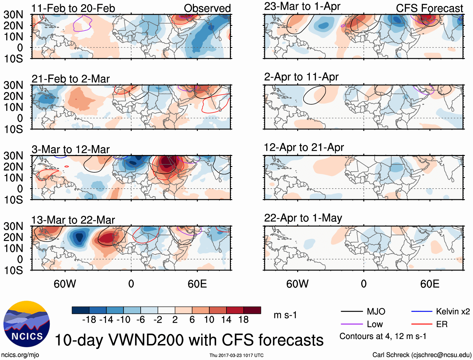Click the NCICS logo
click(x=27, y=324)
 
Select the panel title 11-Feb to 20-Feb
click(x=73, y=8)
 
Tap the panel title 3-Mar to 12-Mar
click(x=70, y=149)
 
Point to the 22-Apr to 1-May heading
click(x=303, y=218)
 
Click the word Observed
click(x=207, y=8)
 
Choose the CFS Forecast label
click(x=429, y=8)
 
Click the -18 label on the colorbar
click(x=89, y=320)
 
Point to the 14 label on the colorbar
click(x=226, y=320)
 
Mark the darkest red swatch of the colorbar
click(x=252, y=310)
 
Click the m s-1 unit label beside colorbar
click(x=285, y=315)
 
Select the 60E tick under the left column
click(x=197, y=284)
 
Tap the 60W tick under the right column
click(x=297, y=284)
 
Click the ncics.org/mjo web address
click(x=20, y=355)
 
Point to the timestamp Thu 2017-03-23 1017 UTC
click(x=236, y=355)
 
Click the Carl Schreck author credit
click(x=422, y=355)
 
